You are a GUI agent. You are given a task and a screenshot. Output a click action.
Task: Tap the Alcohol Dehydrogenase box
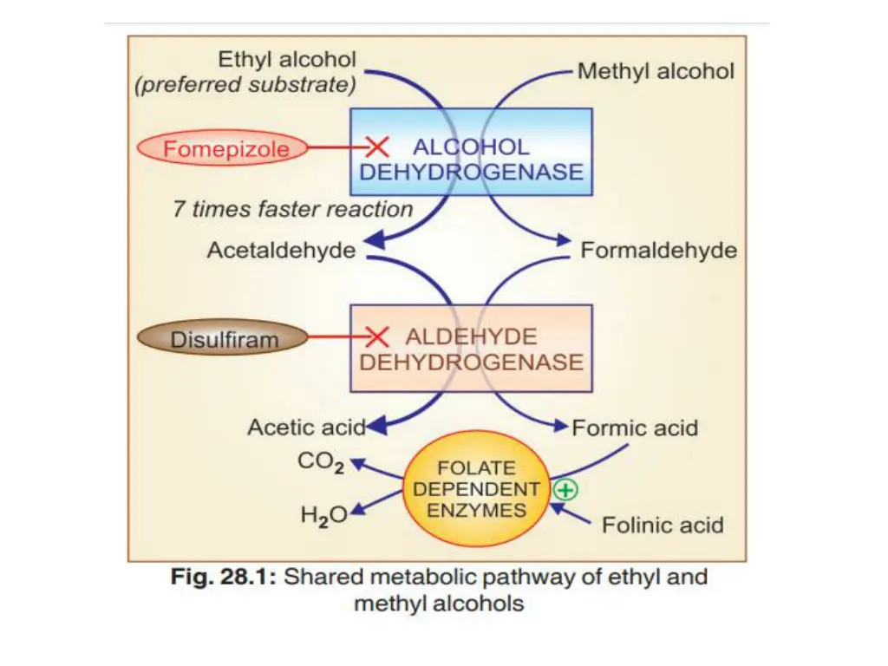(x=471, y=152)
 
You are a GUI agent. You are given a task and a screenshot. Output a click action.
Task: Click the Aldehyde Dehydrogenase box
(x=471, y=348)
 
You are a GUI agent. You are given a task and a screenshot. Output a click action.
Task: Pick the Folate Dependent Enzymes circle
(x=476, y=488)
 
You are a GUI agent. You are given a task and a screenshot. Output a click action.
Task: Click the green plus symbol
(x=565, y=490)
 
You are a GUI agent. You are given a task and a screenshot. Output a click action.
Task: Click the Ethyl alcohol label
(x=287, y=60)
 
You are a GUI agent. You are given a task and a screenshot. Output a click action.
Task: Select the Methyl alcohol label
(x=656, y=71)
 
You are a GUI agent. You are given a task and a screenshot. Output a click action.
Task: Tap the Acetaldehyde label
(x=281, y=251)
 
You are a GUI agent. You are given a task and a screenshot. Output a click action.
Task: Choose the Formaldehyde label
(x=659, y=251)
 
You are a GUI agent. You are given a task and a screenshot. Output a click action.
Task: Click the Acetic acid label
(x=306, y=428)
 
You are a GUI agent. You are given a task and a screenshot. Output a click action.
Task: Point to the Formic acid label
(x=635, y=428)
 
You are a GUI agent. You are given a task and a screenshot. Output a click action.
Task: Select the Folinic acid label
(x=663, y=525)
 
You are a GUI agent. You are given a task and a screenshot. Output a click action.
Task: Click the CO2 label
(x=321, y=462)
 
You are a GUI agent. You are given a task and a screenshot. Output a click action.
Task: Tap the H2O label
(x=323, y=515)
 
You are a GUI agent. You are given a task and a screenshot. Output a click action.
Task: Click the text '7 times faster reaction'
(x=293, y=209)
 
